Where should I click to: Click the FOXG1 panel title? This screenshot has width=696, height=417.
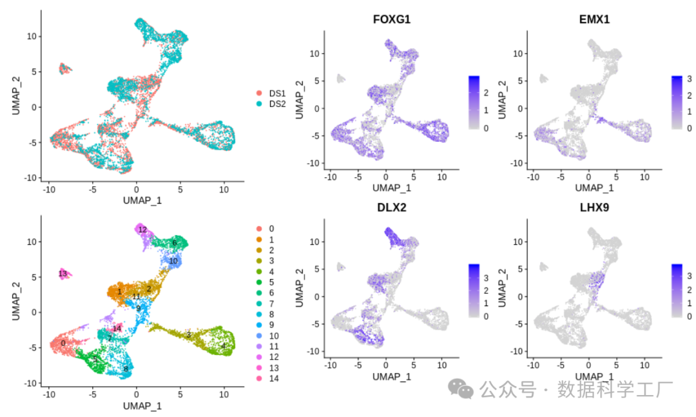[x=392, y=20]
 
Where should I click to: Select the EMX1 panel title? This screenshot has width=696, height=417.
[x=594, y=20]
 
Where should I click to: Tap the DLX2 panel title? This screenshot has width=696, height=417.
[x=392, y=208]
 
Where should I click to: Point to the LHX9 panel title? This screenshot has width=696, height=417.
[x=594, y=208]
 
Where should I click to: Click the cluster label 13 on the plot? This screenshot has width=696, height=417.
[x=63, y=274]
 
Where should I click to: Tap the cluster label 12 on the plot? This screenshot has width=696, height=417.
[x=142, y=229]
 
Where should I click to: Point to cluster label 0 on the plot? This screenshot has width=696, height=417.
[x=63, y=344]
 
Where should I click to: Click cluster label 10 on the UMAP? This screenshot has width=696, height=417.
[x=173, y=261]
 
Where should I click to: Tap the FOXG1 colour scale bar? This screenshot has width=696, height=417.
[x=474, y=103]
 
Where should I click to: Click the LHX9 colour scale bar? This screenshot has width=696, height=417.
[x=677, y=290]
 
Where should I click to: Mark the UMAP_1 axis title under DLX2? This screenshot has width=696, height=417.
[x=392, y=376]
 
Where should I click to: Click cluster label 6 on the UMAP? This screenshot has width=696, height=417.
[x=174, y=243]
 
